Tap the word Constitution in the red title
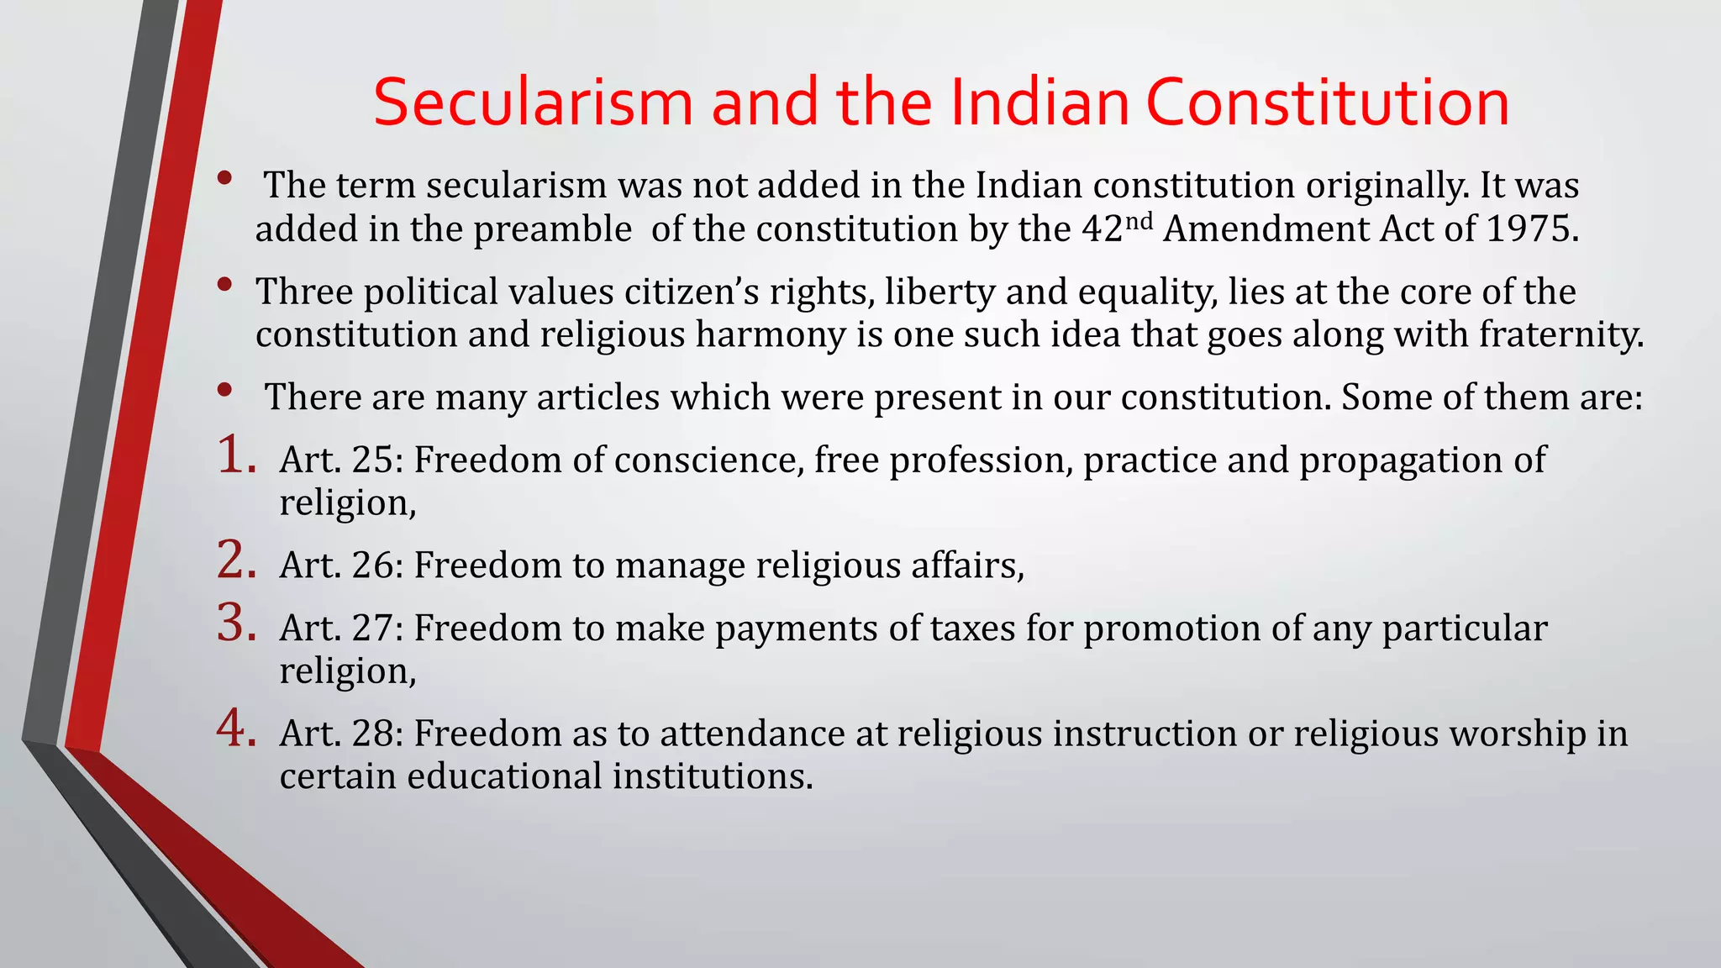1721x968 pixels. [x=1327, y=103]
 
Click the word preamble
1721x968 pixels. [x=552, y=229]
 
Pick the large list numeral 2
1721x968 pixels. [x=236, y=560]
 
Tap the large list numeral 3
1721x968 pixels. [x=236, y=623]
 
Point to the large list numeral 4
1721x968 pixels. [x=236, y=728]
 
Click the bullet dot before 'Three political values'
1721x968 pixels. [x=224, y=285]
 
